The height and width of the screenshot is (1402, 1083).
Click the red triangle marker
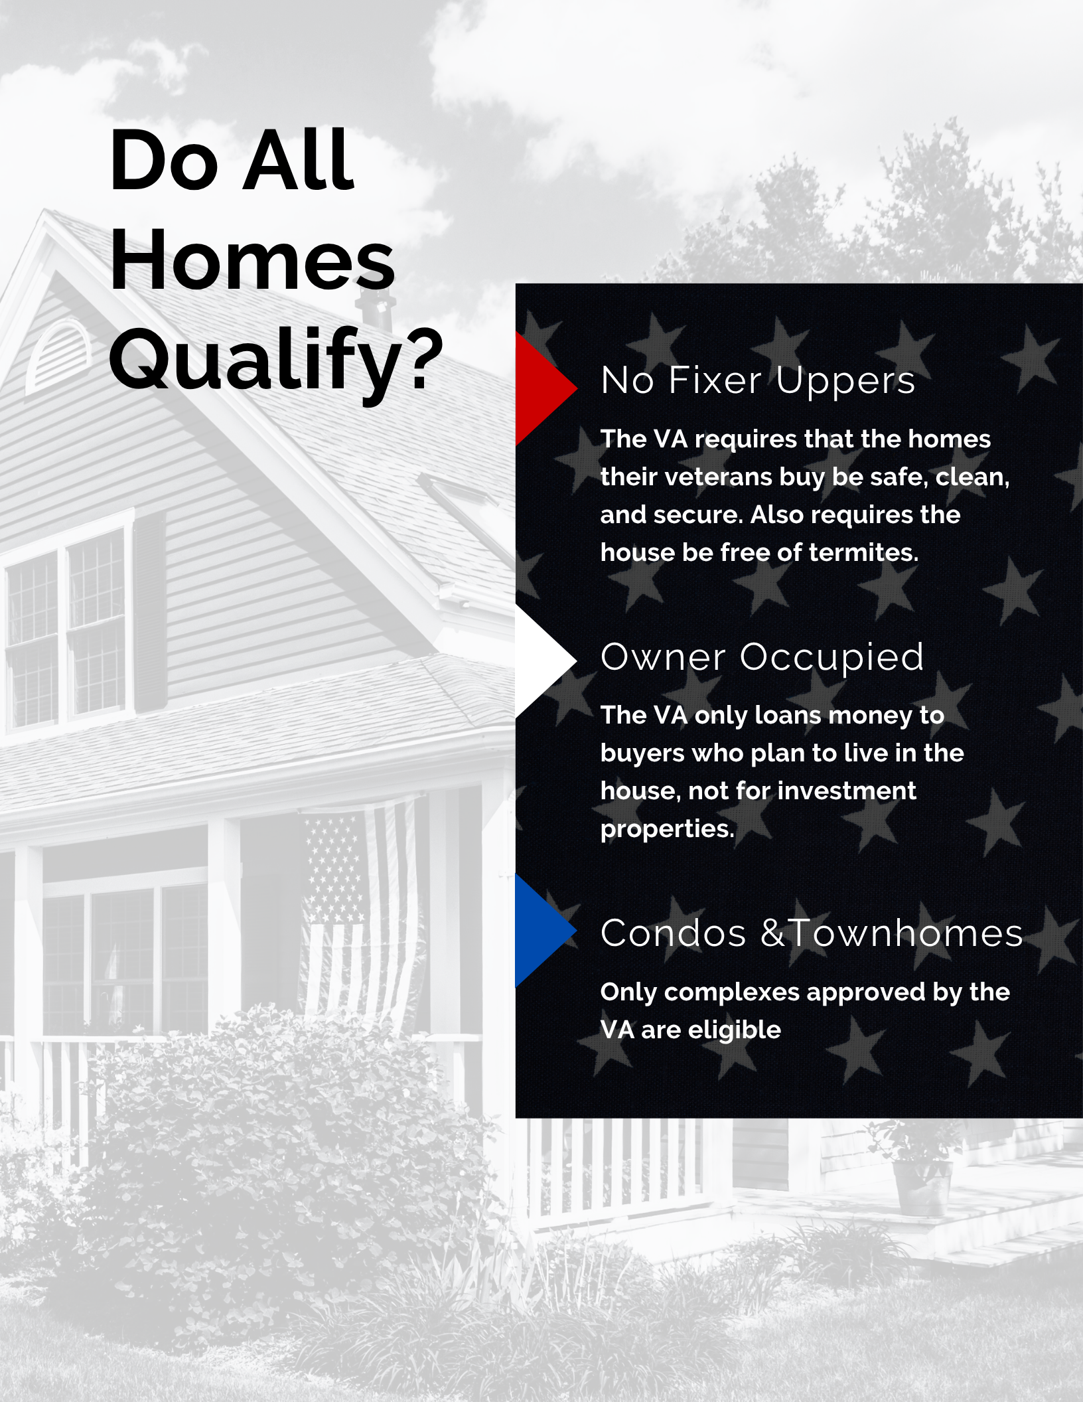pos(541,388)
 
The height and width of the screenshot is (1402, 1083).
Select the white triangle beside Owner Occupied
pos(541,661)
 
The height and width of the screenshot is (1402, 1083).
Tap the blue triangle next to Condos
pos(541,931)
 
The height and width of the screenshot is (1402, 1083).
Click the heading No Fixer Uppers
pos(758,381)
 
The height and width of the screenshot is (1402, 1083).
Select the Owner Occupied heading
pos(762,658)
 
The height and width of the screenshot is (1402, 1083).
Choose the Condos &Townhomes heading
pos(812,933)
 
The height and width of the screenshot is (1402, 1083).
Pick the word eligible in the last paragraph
pos(735,1030)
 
